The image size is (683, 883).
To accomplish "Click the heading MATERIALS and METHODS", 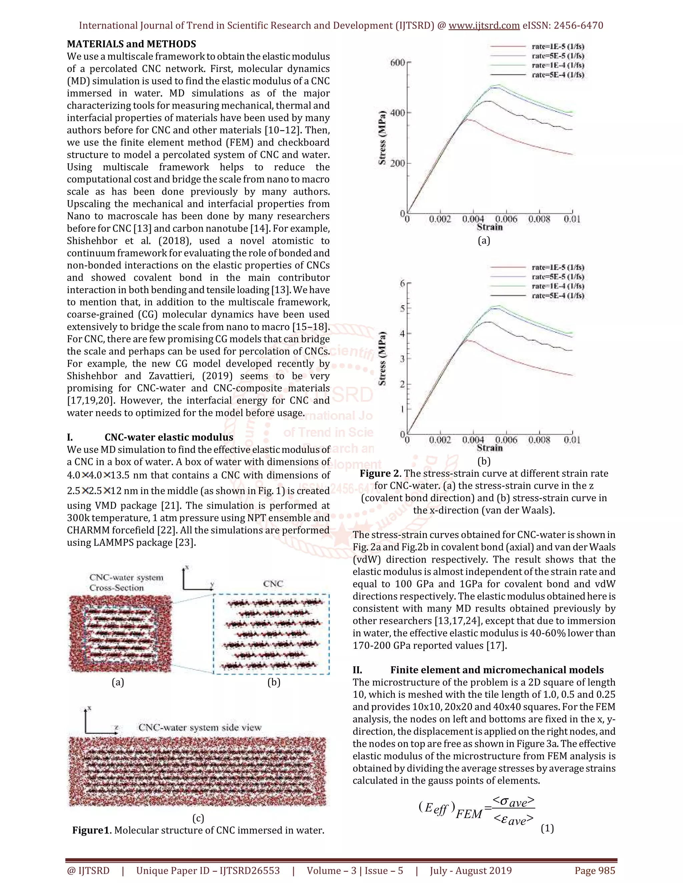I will click(x=131, y=44).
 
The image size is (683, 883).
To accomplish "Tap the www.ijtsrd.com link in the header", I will click(x=484, y=25).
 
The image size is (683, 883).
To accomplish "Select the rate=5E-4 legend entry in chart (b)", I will click(x=558, y=296).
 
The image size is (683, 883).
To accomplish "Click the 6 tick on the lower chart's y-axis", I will click(x=403, y=284).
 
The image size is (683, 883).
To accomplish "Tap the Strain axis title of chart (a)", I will click(x=490, y=227).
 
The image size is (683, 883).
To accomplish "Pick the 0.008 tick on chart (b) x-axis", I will click(x=539, y=440).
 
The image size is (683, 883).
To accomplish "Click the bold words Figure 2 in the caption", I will click(x=380, y=473).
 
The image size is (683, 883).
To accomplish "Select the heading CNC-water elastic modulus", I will click(x=169, y=437).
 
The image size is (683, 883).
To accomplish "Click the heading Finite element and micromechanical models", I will click(x=497, y=670).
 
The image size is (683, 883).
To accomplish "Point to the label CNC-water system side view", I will click(x=200, y=727).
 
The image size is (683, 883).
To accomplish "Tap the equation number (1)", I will click(x=547, y=828).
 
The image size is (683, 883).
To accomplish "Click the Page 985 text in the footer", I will click(x=595, y=870).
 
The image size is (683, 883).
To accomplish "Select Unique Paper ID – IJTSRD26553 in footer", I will click(x=208, y=870).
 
